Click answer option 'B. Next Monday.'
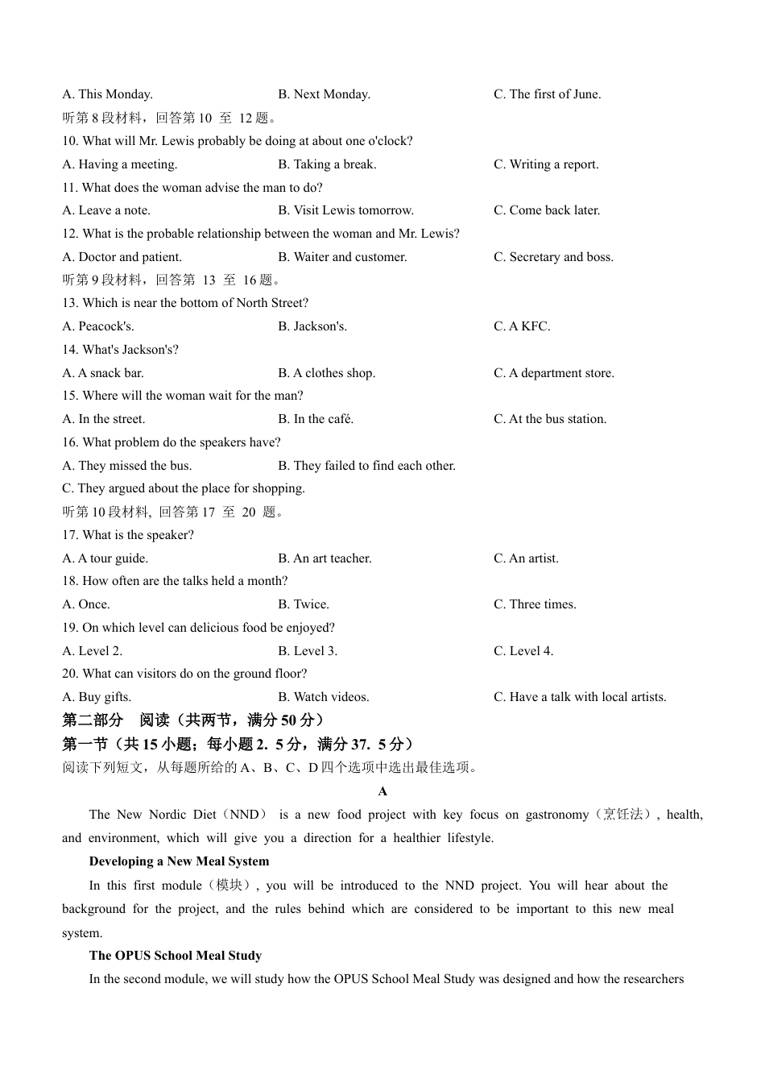point(324,94)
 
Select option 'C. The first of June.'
point(547,94)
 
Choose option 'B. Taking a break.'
point(327,164)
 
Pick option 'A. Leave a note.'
point(106,210)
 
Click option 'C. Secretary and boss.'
point(553,257)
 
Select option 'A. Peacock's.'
point(98,326)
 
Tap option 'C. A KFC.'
point(522,326)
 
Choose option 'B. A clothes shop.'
point(326,373)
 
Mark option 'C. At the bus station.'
point(550,419)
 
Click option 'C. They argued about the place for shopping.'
point(184,488)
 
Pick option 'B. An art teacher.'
point(325,558)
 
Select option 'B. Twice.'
point(304,604)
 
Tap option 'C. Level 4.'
point(523,651)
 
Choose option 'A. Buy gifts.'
point(97,697)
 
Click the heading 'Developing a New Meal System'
point(179,861)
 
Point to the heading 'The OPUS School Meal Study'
point(176,956)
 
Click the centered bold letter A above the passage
point(382,791)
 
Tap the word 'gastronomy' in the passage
point(557,815)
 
